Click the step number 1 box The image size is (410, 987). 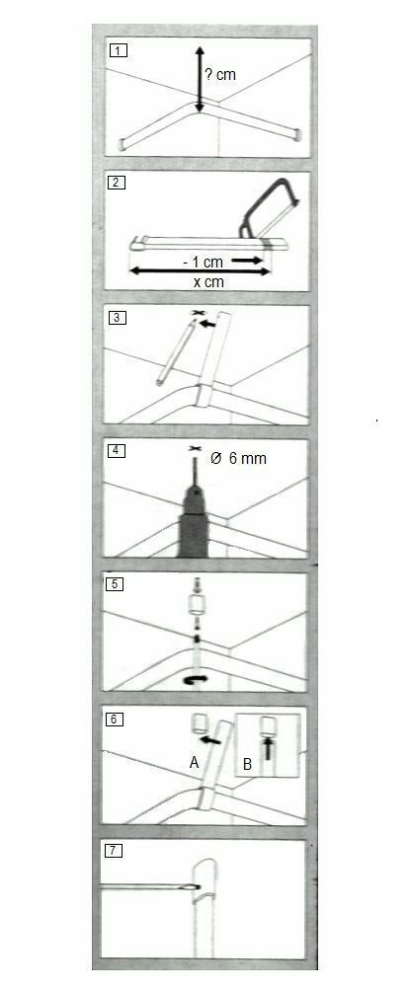pos(118,50)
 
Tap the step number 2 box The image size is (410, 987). pos(118,184)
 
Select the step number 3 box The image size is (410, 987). pos(118,317)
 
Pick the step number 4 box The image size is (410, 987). pos(118,451)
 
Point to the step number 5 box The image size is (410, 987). pos(118,583)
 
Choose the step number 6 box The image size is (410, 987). pos(116,719)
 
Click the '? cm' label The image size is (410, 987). pos(220,74)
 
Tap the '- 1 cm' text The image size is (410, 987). pos(205,262)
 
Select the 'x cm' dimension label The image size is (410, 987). pos(208,282)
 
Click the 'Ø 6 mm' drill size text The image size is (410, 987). pos(239,459)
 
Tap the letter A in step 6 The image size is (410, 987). pos(195,763)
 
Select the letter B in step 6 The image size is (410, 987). pos(247,765)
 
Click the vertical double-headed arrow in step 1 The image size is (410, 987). pos(199,80)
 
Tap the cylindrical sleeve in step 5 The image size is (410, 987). pos(197,607)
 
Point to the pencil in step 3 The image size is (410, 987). pos(175,351)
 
